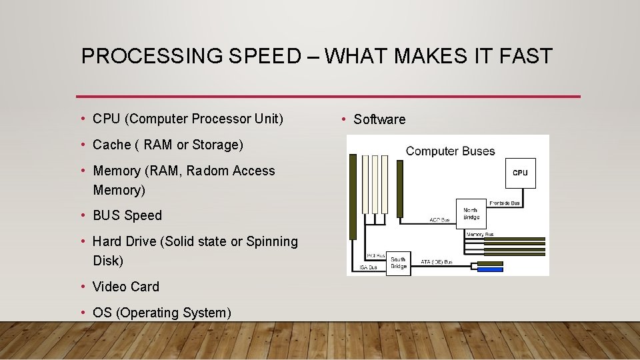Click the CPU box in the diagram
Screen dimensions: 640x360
520,173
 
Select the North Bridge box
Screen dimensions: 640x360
471,213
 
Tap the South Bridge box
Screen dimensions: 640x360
398,263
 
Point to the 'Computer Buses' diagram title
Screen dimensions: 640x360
450,151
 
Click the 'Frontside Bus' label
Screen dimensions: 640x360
505,203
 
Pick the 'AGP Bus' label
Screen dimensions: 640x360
439,219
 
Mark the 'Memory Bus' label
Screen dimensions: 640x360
480,234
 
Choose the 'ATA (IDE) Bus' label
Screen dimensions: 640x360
437,262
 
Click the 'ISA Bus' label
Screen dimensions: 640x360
368,267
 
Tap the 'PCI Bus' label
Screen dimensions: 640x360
376,256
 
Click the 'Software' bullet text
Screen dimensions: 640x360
379,119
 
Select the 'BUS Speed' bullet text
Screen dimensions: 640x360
127,215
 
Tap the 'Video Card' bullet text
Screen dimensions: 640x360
126,287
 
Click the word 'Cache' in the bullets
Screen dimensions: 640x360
111,145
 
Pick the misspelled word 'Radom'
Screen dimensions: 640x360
207,171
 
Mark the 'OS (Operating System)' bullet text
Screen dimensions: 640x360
162,313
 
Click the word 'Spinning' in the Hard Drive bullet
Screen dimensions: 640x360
272,241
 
